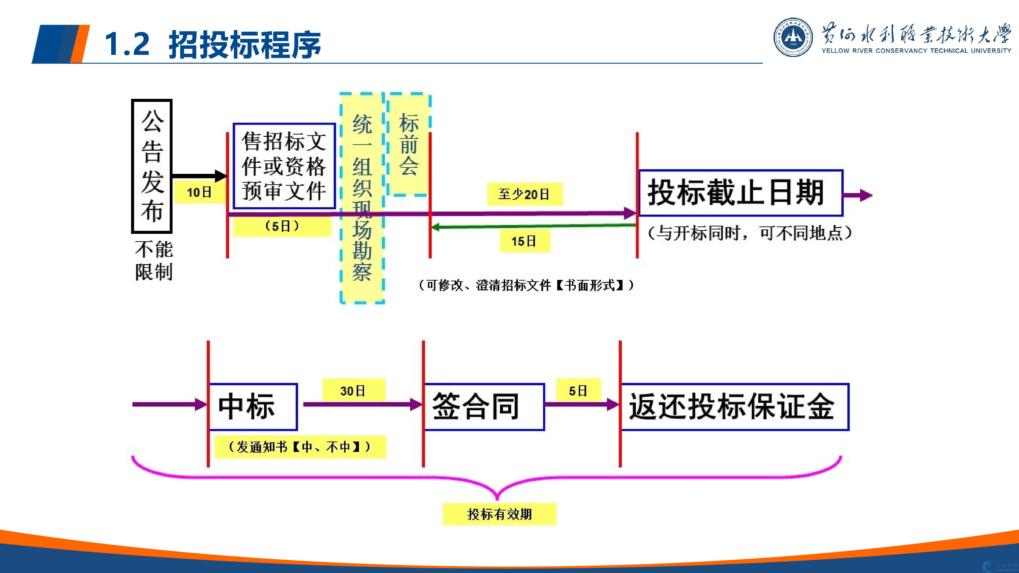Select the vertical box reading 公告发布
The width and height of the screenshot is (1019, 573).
152,166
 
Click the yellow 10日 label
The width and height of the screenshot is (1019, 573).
199,193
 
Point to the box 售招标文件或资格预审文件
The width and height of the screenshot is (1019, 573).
284,166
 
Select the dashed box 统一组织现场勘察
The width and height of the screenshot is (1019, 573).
362,198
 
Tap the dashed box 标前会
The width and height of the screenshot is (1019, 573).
409,144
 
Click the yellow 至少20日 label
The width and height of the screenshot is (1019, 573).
524,194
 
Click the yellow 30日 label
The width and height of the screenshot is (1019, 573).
353,391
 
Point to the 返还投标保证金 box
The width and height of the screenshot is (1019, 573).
734,407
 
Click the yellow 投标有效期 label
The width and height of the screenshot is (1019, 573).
499,514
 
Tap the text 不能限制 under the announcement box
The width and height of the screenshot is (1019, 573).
154,261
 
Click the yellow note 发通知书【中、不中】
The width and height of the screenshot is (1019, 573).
300,447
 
